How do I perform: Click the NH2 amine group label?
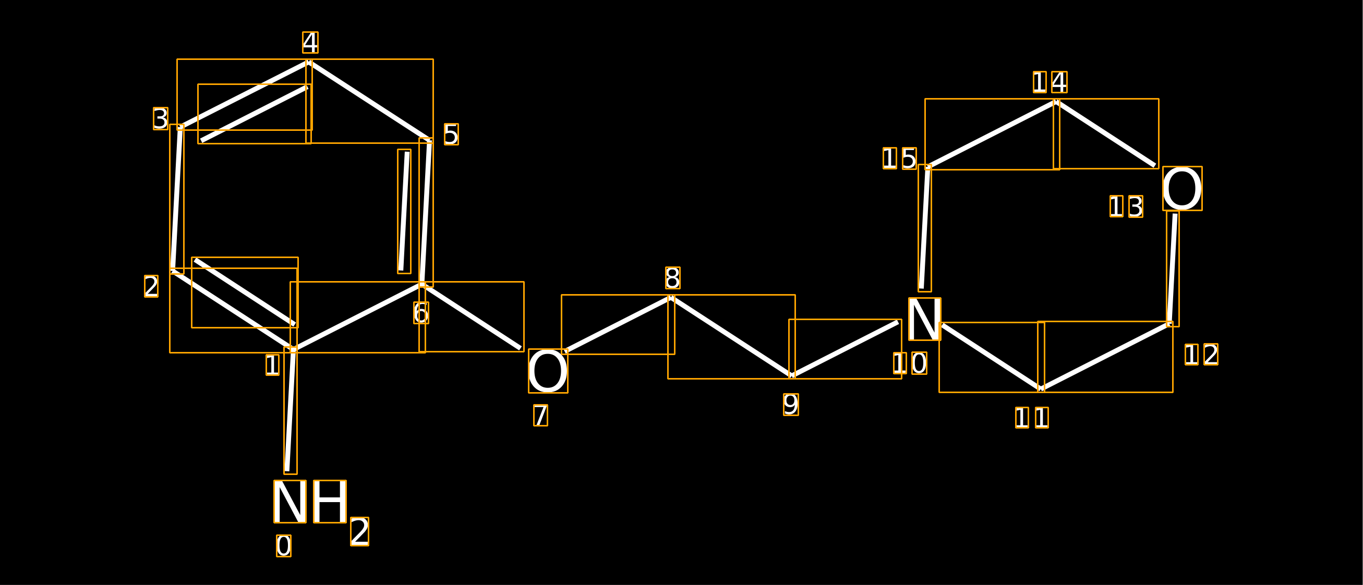coord(321,513)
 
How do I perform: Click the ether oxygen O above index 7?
coord(548,371)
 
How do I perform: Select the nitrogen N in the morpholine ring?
coord(924,319)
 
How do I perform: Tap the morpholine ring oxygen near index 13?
coord(1182,188)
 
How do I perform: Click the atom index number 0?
coord(284,545)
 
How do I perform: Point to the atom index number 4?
coord(310,42)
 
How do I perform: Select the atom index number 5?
coord(451,135)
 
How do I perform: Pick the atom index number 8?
coord(673,278)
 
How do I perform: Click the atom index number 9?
coord(791,405)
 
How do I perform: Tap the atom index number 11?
coord(1032,418)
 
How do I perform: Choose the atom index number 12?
coord(1202,355)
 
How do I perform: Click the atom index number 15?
coord(899,158)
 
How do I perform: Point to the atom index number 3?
coord(161,118)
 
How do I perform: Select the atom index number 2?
coord(151,286)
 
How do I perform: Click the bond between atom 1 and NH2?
coord(291,410)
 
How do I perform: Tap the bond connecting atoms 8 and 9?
coord(731,337)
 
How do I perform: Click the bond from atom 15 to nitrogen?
coord(925,228)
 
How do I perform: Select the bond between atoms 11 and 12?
coord(1105,357)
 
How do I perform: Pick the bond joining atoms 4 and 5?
coord(369,101)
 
